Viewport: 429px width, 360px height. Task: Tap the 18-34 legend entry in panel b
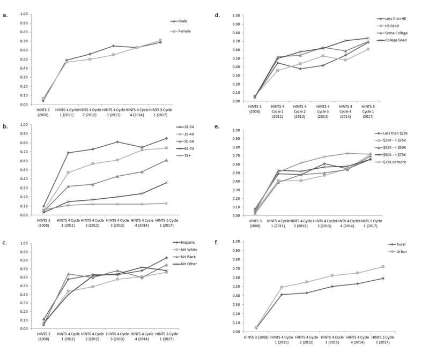pyautogui.click(x=185, y=127)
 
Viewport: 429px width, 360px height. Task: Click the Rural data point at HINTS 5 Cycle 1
pyautogui.click(x=382, y=278)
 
